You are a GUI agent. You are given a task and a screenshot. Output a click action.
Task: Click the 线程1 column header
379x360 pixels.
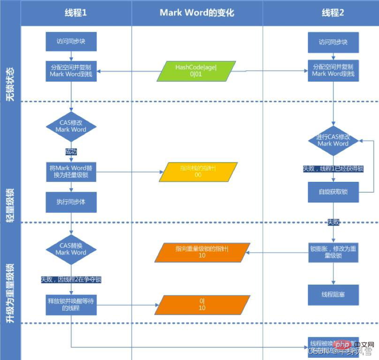click(76, 13)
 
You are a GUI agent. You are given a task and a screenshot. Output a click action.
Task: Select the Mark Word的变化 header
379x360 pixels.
click(197, 13)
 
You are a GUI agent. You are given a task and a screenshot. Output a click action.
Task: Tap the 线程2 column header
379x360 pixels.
click(333, 13)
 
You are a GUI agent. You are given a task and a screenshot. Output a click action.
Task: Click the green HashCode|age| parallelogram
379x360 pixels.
click(197, 71)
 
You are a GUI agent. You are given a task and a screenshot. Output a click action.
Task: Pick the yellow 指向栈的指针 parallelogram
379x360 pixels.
click(198, 172)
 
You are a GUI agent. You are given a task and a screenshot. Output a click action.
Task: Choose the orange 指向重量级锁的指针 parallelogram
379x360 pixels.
click(201, 253)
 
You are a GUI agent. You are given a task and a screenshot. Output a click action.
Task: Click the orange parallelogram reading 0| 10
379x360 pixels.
click(202, 304)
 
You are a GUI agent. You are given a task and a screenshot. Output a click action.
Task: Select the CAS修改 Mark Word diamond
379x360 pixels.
click(71, 126)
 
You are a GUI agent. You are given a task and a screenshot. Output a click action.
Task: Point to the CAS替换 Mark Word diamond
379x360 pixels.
click(71, 249)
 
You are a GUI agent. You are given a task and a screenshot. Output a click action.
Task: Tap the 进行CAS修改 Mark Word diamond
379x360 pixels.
click(333, 140)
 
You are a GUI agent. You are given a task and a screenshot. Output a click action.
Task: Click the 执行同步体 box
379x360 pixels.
click(71, 202)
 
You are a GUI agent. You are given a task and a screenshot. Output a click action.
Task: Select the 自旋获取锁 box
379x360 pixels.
click(333, 192)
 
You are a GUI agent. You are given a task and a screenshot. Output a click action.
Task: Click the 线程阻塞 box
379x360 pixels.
click(333, 295)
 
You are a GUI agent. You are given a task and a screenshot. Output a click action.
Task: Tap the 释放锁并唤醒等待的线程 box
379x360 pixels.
click(71, 305)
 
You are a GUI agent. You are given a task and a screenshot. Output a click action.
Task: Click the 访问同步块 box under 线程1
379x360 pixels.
click(71, 41)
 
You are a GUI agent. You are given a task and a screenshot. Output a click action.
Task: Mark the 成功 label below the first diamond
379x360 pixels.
click(71, 151)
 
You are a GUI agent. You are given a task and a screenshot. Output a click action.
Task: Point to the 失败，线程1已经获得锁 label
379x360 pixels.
click(334, 168)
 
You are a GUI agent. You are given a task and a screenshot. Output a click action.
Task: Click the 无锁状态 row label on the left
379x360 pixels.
click(10, 84)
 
